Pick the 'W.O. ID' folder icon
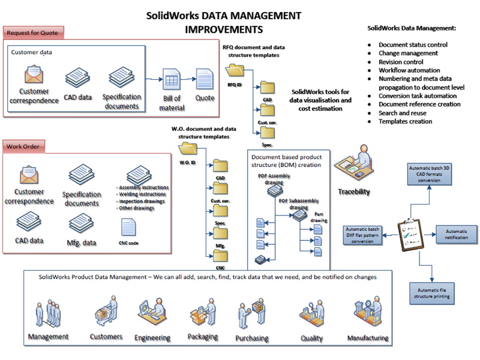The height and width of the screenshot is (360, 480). coord(188,148)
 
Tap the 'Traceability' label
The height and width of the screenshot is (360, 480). coord(353,192)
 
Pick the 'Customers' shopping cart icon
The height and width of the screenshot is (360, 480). coord(103,312)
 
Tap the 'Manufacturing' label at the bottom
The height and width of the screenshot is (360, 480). coord(367,338)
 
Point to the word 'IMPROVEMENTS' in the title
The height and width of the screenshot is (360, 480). coord(224,28)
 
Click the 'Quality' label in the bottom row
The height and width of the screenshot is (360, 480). coord(312,338)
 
